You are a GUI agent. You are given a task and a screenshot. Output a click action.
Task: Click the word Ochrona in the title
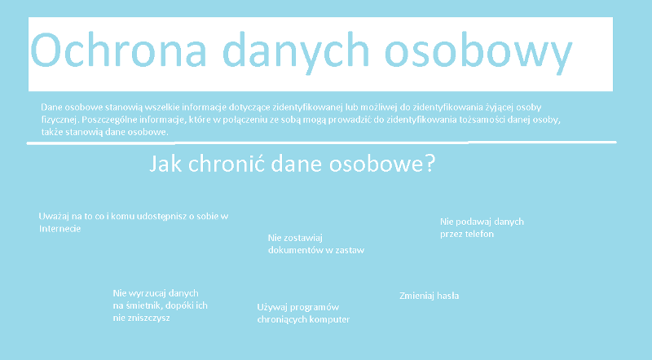point(118,50)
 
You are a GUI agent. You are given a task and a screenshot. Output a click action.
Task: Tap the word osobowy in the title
point(478,53)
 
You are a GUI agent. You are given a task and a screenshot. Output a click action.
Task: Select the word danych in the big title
point(296,53)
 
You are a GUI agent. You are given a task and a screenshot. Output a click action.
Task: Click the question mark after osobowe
point(430,163)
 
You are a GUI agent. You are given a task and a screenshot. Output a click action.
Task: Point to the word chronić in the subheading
point(227,163)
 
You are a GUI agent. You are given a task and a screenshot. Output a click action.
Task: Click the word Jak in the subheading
point(165,163)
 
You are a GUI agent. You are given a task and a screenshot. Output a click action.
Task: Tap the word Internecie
point(59,229)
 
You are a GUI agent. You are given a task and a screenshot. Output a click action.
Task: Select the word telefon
point(479,234)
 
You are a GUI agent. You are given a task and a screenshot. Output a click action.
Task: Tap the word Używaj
point(272,308)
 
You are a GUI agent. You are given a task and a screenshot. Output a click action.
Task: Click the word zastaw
point(350,250)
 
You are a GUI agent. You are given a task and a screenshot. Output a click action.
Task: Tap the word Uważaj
point(53,217)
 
